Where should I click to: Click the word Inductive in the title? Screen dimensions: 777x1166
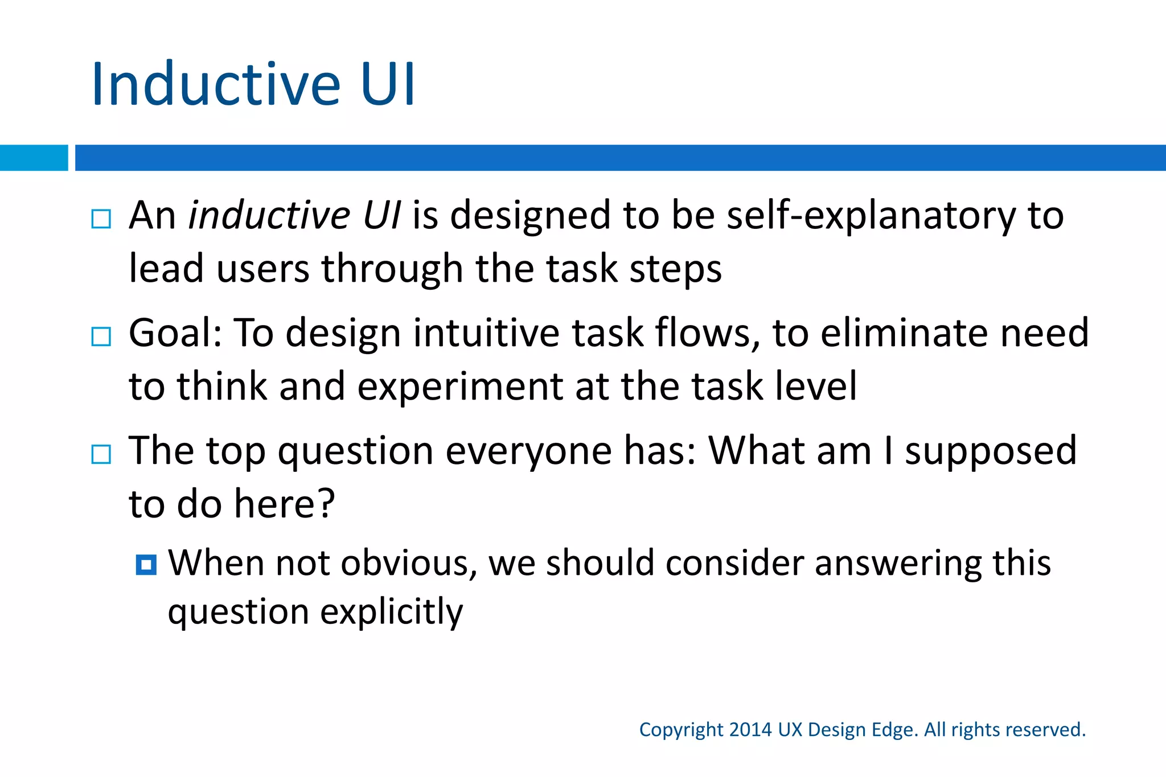215,84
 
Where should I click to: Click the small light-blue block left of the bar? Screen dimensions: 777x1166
34,158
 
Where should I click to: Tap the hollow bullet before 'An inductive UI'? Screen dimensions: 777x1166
101,219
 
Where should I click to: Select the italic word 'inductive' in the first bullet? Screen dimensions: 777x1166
269,216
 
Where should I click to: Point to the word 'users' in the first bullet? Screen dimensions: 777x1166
262,269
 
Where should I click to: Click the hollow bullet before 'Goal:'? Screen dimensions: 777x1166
101,336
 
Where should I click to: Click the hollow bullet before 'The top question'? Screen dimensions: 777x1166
101,454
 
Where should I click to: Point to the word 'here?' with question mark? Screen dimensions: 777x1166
285,504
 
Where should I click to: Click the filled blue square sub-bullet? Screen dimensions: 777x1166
146,565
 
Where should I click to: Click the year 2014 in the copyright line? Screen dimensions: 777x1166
750,730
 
